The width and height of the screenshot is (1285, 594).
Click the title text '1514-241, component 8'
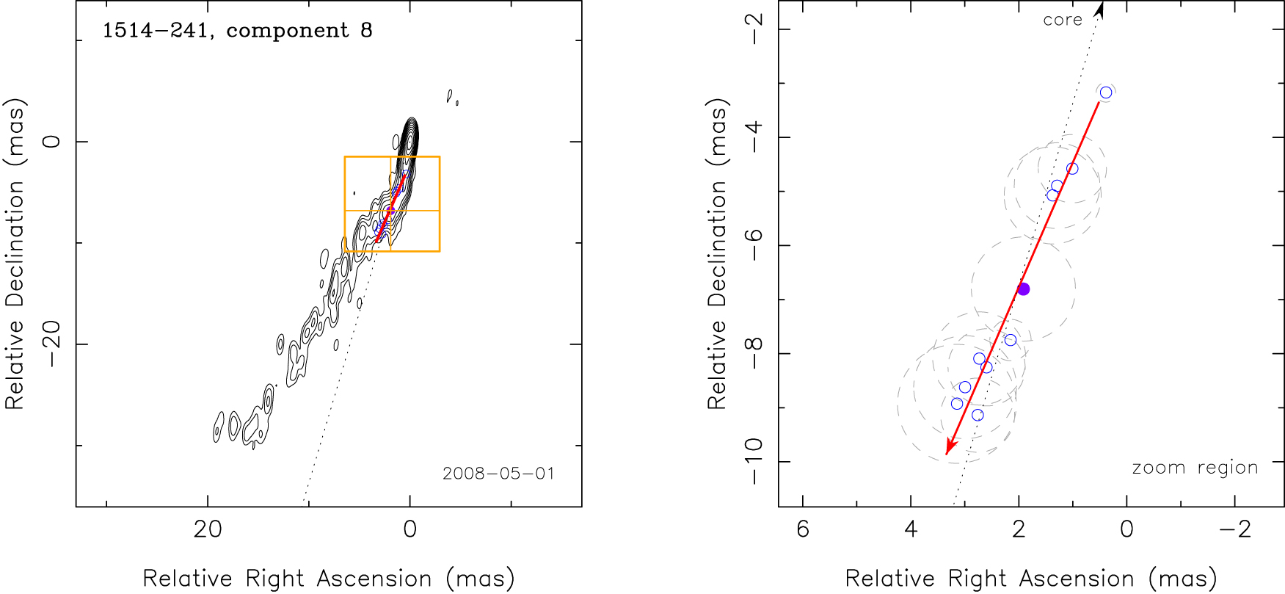point(237,31)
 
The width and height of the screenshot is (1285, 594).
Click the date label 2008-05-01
point(498,474)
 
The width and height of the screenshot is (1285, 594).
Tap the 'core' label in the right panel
point(1063,21)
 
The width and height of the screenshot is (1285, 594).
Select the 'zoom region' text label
point(1195,468)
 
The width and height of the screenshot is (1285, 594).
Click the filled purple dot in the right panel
point(1024,289)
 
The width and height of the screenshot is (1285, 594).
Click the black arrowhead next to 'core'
point(1099,9)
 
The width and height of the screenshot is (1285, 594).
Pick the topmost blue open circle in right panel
point(1106,93)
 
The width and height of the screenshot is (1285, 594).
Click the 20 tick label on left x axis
point(208,529)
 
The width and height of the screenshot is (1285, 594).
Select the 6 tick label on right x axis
point(803,529)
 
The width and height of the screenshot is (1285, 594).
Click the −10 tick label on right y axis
point(755,461)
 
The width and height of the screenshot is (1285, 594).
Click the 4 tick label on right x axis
point(911,529)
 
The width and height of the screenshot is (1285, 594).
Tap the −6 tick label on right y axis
point(755,245)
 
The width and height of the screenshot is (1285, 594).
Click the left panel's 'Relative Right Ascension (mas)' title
point(329,579)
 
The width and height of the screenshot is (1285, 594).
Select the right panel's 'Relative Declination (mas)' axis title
point(717,253)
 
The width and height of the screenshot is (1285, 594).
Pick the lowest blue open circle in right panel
point(978,416)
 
